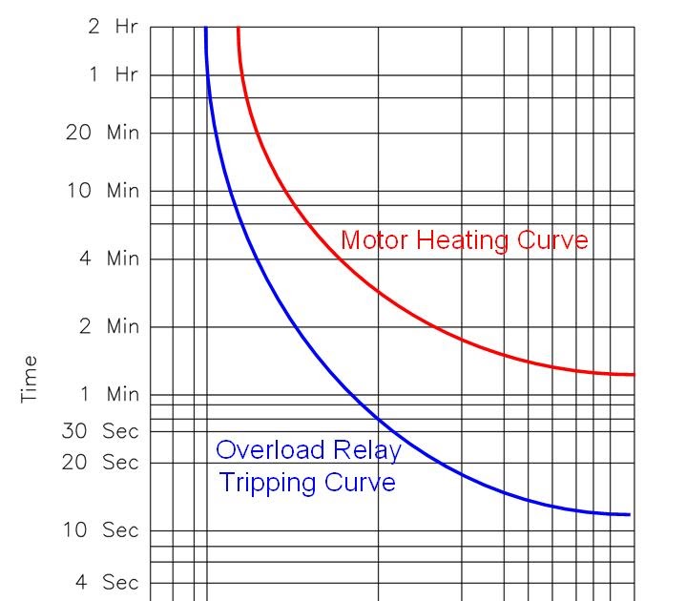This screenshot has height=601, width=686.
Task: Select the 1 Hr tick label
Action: tap(114, 74)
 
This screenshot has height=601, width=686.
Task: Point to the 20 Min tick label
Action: tap(102, 133)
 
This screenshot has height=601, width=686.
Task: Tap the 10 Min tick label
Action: tap(102, 191)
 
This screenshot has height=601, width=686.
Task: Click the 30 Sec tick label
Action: tap(101, 431)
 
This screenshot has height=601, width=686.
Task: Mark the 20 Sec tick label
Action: tap(101, 463)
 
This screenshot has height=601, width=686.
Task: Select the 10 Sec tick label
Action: tap(101, 530)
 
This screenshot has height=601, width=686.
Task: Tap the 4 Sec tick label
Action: tap(108, 582)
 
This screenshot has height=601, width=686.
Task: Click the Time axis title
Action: tap(31, 379)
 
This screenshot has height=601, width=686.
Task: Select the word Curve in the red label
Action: tap(552, 239)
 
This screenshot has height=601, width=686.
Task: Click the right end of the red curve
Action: tap(633, 374)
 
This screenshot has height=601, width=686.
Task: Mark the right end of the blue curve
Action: tap(630, 514)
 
